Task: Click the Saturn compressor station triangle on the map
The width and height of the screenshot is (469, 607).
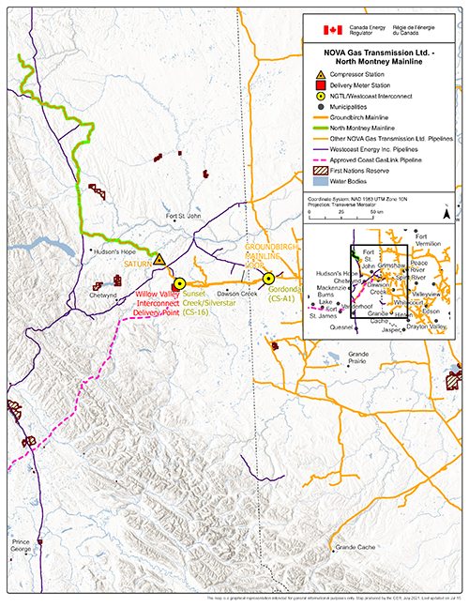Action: [159, 259]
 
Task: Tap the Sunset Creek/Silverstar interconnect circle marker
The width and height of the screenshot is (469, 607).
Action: [179, 281]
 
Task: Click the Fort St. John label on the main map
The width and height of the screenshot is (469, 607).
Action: [184, 217]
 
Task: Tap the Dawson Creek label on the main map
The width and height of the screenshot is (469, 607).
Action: [236, 294]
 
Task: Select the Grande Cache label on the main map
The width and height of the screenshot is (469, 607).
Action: [356, 546]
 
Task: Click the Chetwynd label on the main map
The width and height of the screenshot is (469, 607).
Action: [102, 295]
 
